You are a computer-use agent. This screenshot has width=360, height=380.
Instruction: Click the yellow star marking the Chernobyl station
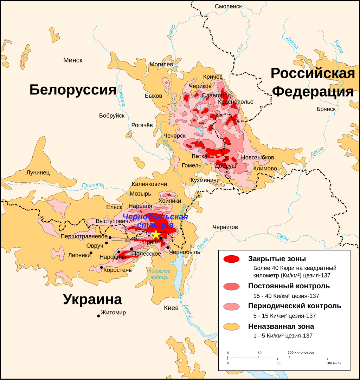[155, 234]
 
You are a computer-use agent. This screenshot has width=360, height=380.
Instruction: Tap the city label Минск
[73, 60]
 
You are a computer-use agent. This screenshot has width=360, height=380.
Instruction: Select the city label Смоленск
[228, 6]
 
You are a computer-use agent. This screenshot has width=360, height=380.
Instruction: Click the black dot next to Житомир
[98, 316]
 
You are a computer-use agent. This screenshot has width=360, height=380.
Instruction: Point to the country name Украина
[92, 300]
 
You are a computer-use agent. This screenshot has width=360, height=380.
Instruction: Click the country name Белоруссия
[73, 90]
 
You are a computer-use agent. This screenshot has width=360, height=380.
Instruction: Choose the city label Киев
[171, 308]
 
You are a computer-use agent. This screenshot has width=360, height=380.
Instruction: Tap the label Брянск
[326, 109]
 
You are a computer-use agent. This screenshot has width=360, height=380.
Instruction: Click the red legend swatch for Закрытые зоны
[231, 259]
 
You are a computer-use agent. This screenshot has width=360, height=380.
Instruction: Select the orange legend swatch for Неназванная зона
[231, 327]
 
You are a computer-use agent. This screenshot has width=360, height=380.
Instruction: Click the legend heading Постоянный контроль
[289, 286]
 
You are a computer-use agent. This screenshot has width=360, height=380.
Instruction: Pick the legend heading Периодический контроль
[294, 306]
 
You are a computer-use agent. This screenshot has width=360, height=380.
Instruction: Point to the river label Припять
[93, 185]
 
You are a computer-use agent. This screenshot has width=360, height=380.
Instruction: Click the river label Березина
[122, 96]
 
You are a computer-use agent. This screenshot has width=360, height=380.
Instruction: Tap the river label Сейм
[282, 237]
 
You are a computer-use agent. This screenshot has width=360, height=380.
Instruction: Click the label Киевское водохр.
[159, 274]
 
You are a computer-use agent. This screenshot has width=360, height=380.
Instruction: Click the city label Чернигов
[225, 227]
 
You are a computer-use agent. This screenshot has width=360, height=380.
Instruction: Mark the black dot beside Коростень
[102, 268]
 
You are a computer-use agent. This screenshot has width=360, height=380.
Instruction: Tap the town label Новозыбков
[256, 157]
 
